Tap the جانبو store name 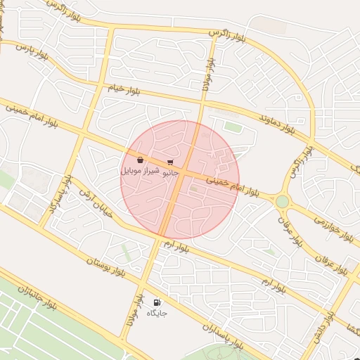(171, 172)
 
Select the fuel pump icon (156, 302)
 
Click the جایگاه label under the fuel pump (156, 313)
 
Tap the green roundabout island (282, 202)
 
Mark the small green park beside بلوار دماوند (233, 127)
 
